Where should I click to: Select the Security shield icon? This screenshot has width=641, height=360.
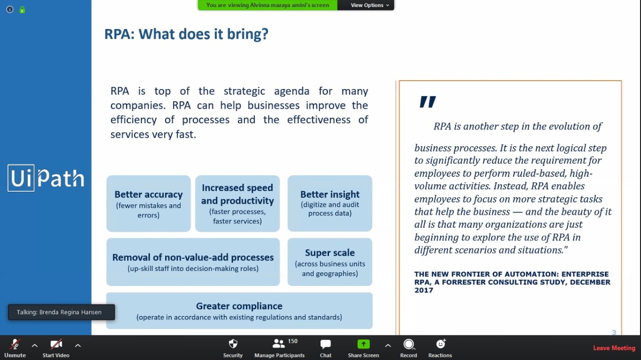(233, 343)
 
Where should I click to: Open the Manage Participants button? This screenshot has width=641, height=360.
(279, 347)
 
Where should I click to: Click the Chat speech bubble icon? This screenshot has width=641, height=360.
(326, 344)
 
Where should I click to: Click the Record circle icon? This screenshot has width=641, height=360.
(408, 344)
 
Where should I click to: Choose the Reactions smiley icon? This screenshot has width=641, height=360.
(441, 343)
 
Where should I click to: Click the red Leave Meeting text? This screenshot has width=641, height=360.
(614, 348)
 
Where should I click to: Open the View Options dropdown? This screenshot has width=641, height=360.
(370, 5)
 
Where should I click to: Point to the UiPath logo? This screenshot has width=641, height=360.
(46, 178)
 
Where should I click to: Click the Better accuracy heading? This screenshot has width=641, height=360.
(149, 195)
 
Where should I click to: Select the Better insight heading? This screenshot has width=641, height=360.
(330, 195)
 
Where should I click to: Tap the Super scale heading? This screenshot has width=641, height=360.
(330, 253)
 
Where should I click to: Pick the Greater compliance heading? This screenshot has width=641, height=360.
(239, 306)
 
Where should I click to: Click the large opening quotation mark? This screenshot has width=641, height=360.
(428, 102)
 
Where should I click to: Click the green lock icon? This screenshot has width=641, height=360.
(23, 10)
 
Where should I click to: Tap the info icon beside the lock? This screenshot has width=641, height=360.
(10, 10)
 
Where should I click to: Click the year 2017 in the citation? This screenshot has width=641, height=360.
(424, 290)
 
